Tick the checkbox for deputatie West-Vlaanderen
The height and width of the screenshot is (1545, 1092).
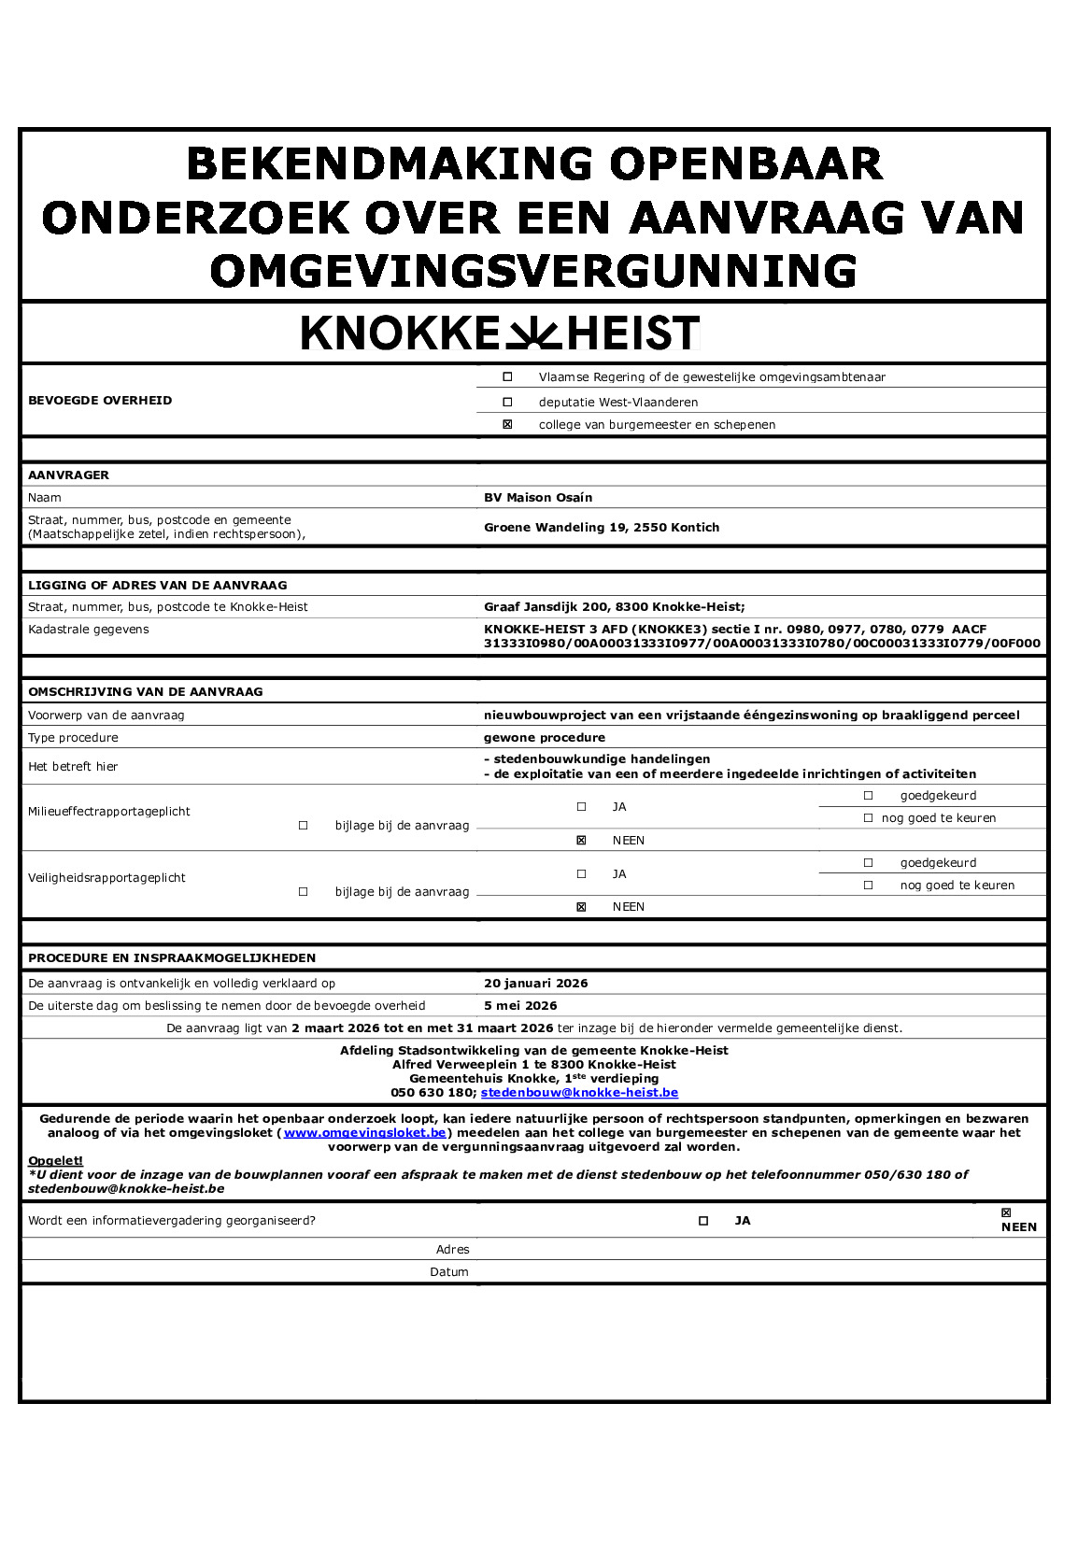point(508,402)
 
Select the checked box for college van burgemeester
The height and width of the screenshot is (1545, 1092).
point(508,424)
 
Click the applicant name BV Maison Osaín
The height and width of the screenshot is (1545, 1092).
point(538,498)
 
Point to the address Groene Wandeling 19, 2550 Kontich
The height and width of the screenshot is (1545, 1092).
point(602,528)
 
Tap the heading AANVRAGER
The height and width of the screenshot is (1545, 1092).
point(68,475)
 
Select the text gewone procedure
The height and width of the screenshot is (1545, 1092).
point(545,738)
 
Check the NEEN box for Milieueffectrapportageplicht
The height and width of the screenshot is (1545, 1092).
point(581,841)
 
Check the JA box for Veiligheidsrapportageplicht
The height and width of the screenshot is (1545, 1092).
point(581,874)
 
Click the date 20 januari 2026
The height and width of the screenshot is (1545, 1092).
point(536,984)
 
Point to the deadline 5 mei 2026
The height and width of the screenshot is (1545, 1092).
point(520,1006)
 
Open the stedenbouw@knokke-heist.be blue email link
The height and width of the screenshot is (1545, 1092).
point(579,1093)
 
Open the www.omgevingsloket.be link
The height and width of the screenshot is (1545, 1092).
point(365,1133)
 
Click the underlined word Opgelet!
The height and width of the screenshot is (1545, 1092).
point(55,1161)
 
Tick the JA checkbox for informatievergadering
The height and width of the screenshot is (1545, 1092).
point(703,1221)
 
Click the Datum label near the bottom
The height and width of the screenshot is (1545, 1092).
point(449,1272)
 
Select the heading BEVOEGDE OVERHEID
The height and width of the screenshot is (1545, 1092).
point(100,401)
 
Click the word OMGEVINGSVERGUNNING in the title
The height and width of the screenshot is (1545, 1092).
point(533,272)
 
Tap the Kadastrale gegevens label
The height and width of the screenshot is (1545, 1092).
point(89,630)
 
